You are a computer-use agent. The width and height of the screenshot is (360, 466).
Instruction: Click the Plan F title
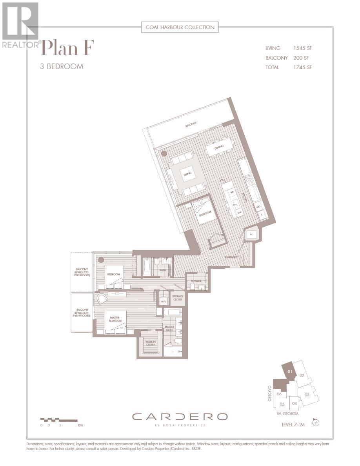[67, 49]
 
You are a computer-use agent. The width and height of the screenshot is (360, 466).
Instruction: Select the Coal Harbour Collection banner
[180, 27]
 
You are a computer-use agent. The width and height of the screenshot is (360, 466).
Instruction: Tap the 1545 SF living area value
[302, 48]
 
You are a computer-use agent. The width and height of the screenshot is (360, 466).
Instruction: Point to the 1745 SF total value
[302, 67]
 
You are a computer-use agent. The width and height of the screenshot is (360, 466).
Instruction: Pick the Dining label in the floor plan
[219, 147]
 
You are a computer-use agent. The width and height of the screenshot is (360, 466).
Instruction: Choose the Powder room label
[196, 281]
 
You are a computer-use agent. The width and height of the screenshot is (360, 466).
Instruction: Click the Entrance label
[231, 257]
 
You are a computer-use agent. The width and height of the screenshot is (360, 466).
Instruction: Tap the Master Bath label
[169, 329]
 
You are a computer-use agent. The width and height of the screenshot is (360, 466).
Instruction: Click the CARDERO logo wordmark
[180, 417]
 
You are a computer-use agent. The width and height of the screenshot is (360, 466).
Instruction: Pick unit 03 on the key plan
[307, 395]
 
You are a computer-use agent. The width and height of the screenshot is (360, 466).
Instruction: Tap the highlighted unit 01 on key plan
[290, 371]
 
